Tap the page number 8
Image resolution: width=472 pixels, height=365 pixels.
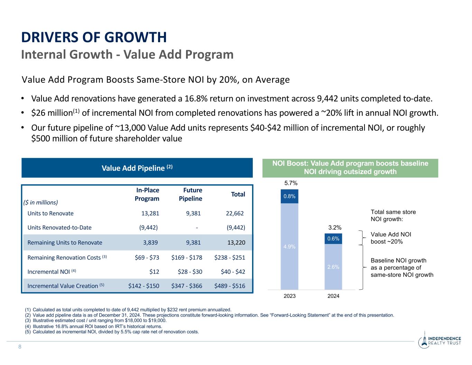click(x=20, y=347)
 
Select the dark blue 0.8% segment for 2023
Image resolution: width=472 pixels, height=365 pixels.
click(x=289, y=196)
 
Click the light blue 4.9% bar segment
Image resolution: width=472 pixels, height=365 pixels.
click(x=289, y=246)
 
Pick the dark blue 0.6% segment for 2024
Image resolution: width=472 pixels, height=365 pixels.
click(x=333, y=239)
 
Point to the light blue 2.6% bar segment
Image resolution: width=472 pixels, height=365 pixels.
click(x=333, y=267)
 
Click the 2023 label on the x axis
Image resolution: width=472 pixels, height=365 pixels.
click(x=289, y=296)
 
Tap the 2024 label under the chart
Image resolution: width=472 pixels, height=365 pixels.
click(x=333, y=296)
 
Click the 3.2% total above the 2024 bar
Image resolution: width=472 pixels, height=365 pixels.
click(x=335, y=227)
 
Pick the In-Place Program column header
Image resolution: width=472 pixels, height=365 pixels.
click(x=147, y=194)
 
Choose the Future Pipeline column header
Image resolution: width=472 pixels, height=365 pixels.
click(x=191, y=194)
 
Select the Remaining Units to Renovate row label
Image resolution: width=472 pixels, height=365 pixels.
click(x=65, y=243)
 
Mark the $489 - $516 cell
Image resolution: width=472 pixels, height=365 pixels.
click(x=230, y=286)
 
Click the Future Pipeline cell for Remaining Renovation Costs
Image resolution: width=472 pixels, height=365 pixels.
click(x=187, y=257)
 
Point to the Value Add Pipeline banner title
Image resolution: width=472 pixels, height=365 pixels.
click(x=137, y=168)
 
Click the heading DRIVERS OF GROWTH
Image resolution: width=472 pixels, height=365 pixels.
click(x=94, y=37)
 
